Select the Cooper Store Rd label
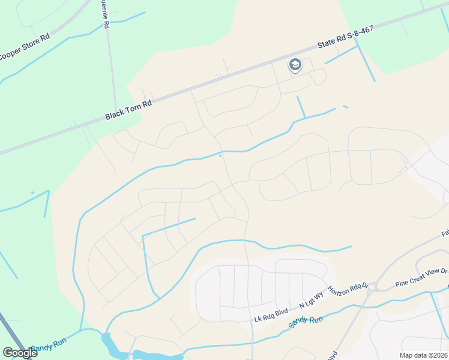24,47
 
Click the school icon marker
295,65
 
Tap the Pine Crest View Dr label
421,277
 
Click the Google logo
20,353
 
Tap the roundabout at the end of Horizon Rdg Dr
372,287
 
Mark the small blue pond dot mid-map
220,156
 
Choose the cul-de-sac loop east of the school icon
320,77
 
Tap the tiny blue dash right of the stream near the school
346,107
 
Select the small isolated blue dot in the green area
32,193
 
